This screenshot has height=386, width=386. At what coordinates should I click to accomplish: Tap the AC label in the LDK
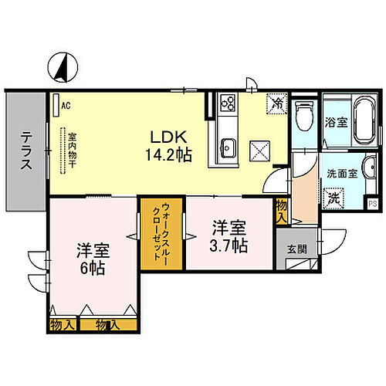tap(66, 105)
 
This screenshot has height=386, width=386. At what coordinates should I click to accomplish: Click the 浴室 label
tap(334, 121)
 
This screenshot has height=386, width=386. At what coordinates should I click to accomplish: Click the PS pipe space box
tap(372, 204)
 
